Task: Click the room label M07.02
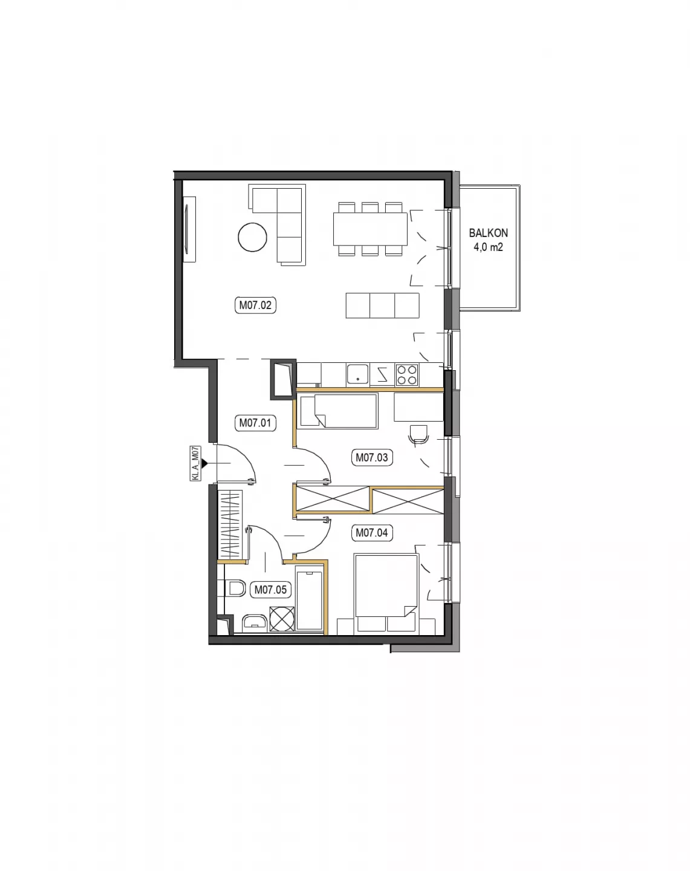tap(255, 305)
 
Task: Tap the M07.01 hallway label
tap(255, 423)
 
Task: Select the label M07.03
tap(372, 458)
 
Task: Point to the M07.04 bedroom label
tap(372, 533)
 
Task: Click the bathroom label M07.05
tap(271, 590)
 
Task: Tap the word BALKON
tap(488, 233)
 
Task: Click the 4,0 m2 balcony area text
tap(488, 247)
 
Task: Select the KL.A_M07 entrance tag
tap(195, 463)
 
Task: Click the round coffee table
tap(253, 238)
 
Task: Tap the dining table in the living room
tap(370, 229)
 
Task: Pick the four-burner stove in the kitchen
tap(407, 375)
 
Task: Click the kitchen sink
tap(357, 375)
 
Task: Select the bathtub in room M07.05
tap(309, 600)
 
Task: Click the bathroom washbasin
tap(255, 624)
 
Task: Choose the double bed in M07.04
tap(386, 594)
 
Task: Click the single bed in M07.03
tap(337, 411)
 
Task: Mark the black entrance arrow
tap(204, 463)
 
